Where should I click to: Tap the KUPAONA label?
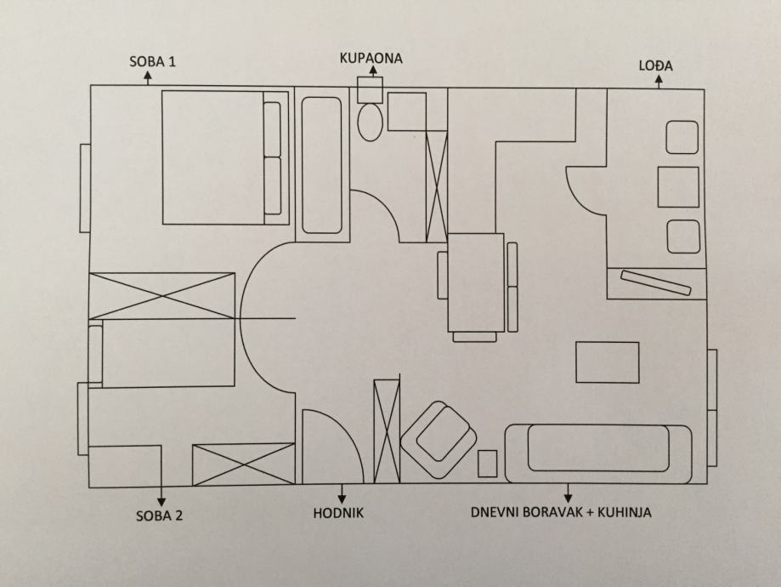tap(370, 59)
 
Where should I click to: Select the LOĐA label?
tap(660, 66)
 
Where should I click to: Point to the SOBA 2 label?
tap(160, 515)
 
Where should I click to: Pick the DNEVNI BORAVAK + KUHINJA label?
tap(568, 513)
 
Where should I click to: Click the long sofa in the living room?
tap(598, 453)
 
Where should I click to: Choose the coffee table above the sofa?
tap(607, 362)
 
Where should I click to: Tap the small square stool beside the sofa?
tap(487, 464)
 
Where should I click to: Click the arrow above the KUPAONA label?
tap(371, 72)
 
